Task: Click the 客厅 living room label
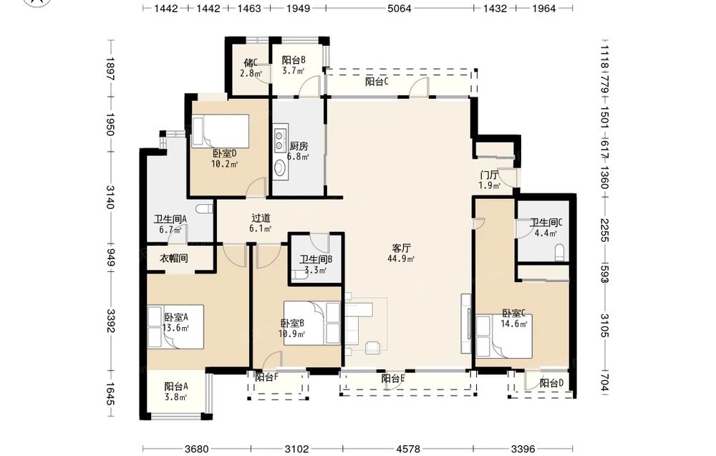tap(402, 248)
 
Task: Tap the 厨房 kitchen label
tap(299, 147)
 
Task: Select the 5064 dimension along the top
tap(399, 8)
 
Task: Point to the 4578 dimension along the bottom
tap(408, 449)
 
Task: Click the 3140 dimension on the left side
tap(110, 197)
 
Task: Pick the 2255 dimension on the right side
tap(604, 230)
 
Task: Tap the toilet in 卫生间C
tap(559, 253)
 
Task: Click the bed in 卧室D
tap(220, 131)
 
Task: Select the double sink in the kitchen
tap(279, 140)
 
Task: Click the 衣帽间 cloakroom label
tap(173, 258)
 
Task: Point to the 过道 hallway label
tap(261, 218)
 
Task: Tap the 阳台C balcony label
tap(377, 82)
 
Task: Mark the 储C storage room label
tap(251, 62)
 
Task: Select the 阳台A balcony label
tap(176, 387)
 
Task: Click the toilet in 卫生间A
tap(204, 209)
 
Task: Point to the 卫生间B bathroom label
tap(316, 260)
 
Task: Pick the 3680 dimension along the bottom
tap(198, 449)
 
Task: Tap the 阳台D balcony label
tap(551, 384)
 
